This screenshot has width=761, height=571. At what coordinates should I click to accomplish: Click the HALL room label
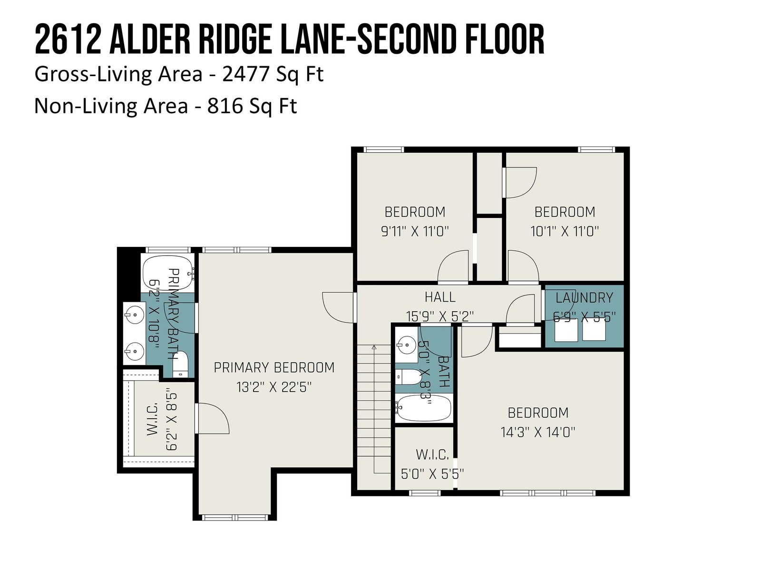pyautogui.click(x=439, y=297)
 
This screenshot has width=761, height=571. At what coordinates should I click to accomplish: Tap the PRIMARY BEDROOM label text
pyautogui.click(x=274, y=367)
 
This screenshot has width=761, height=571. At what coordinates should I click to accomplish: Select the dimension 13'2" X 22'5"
pyautogui.click(x=274, y=387)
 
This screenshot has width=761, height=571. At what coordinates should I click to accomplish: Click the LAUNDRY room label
pyautogui.click(x=584, y=298)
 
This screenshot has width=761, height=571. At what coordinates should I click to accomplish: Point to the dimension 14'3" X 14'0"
pyautogui.click(x=538, y=433)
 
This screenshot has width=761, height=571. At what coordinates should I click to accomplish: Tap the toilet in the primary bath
pyautogui.click(x=180, y=364)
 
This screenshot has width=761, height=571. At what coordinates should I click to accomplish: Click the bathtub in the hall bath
pyautogui.click(x=424, y=408)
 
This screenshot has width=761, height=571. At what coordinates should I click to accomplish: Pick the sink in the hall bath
pyautogui.click(x=406, y=345)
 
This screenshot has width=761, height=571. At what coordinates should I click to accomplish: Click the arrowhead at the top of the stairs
pyautogui.click(x=374, y=347)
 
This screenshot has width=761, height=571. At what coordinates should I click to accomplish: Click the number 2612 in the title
pyautogui.click(x=66, y=39)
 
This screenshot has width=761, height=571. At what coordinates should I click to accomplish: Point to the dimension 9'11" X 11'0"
pyautogui.click(x=415, y=231)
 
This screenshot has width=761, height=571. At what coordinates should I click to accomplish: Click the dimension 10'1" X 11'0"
pyautogui.click(x=565, y=231)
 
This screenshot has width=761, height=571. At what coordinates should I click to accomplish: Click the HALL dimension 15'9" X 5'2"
pyautogui.click(x=439, y=316)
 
